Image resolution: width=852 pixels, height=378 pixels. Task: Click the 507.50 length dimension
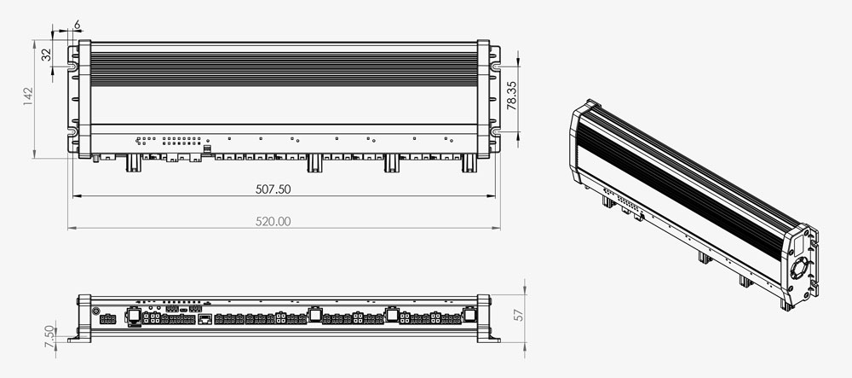pyautogui.click(x=273, y=189)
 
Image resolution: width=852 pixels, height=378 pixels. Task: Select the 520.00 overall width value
pyautogui.click(x=273, y=221)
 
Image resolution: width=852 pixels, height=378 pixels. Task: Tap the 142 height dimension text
pyautogui.click(x=28, y=96)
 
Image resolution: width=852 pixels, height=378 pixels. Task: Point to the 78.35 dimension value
pyautogui.click(x=512, y=96)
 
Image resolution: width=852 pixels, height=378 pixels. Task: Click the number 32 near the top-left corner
pyautogui.click(x=46, y=55)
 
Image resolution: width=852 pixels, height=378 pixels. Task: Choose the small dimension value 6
pyautogui.click(x=77, y=25)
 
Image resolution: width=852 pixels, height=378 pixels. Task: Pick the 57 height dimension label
pyautogui.click(x=519, y=315)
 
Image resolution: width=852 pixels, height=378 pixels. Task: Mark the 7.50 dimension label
pyautogui.click(x=49, y=337)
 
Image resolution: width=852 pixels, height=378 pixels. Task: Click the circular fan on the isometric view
pyautogui.click(x=799, y=269)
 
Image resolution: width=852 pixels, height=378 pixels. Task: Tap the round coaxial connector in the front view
pyautogui.click(x=95, y=311)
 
